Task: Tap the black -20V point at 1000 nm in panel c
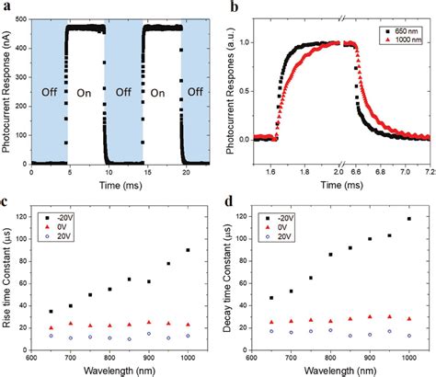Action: click(188, 250)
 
